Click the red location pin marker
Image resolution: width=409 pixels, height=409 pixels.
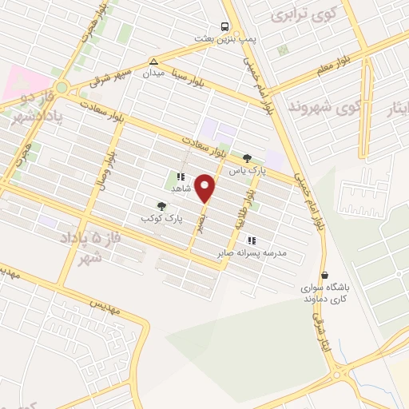(206, 189)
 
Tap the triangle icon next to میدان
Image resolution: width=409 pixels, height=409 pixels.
(153, 61)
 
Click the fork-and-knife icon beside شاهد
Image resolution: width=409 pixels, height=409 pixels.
(181, 177)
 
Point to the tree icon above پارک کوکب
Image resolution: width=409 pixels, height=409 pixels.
(162, 207)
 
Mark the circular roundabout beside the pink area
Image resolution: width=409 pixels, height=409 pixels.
(61, 87)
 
